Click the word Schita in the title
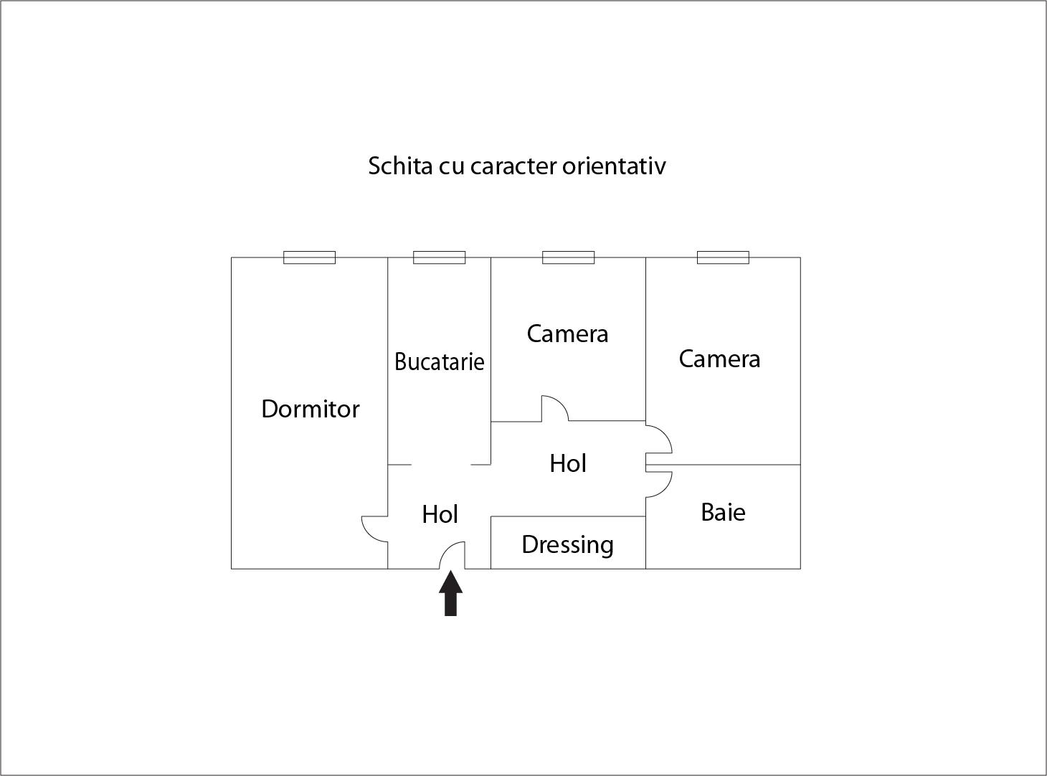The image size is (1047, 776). (x=400, y=166)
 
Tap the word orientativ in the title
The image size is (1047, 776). (x=614, y=166)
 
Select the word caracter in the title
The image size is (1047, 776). (x=514, y=166)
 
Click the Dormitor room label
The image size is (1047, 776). (x=310, y=409)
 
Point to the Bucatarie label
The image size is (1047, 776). (x=440, y=361)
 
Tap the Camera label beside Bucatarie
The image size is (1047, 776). (x=567, y=334)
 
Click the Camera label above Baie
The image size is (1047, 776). (x=719, y=359)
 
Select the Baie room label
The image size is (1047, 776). (x=723, y=513)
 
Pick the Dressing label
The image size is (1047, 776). (x=567, y=546)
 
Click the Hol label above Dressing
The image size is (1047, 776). (x=568, y=463)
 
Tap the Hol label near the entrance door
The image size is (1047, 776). (x=440, y=514)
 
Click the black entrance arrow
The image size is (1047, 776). (x=451, y=593)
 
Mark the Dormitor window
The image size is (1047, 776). (x=309, y=257)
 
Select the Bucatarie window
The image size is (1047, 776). (x=440, y=257)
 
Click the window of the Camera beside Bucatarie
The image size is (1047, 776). (x=569, y=257)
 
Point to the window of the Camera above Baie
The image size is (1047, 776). (x=723, y=257)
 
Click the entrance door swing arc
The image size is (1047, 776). (x=452, y=555)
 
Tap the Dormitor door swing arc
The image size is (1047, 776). (x=375, y=529)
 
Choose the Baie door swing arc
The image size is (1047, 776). (x=659, y=484)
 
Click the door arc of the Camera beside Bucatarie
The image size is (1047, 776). (x=555, y=408)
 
